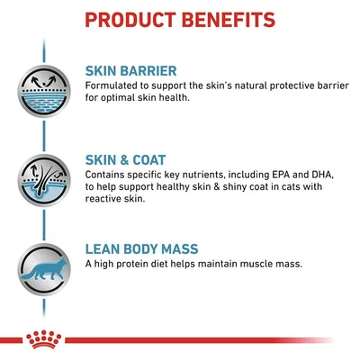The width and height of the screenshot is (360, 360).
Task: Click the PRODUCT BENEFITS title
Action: coord(180,19)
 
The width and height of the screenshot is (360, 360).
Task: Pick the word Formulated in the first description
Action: coord(113,86)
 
